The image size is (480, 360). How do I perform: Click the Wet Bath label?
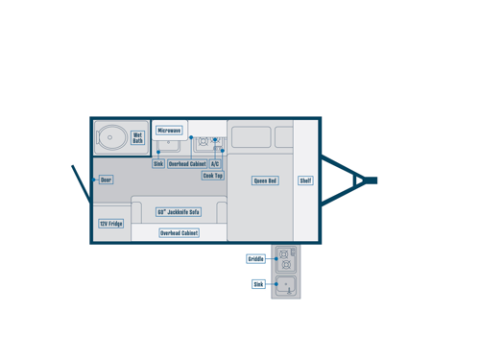click(137, 138)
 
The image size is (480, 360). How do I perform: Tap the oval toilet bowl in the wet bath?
click(110, 137)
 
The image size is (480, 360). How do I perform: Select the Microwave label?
click(169, 131)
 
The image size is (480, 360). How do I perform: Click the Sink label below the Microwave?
click(158, 164)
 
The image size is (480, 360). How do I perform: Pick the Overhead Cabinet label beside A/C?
click(187, 164)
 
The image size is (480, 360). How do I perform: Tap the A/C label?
click(215, 164)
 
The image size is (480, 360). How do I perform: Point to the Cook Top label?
click(212, 176)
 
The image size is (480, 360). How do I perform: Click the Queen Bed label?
click(265, 180)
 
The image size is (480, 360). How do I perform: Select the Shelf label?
click(305, 180)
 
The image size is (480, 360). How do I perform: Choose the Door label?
click(106, 180)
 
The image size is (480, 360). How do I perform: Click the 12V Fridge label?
click(110, 224)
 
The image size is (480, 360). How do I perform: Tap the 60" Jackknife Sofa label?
click(179, 212)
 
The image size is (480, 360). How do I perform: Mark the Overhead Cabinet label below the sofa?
click(179, 233)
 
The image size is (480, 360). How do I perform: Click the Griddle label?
click(255, 259)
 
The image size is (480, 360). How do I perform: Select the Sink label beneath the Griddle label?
click(258, 284)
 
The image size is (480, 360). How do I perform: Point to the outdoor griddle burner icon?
click(285, 259)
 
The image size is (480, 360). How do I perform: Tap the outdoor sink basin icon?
click(285, 285)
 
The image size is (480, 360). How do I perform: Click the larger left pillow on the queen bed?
click(251, 137)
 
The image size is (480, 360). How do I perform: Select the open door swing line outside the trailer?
click(80, 183)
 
